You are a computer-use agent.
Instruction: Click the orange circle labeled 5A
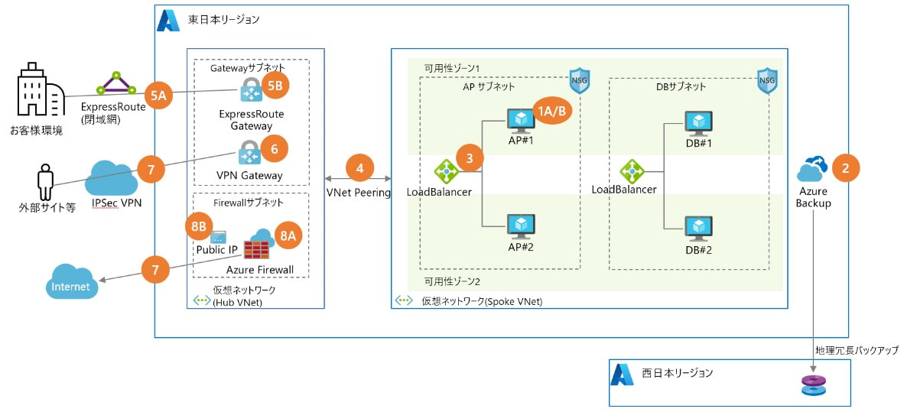click(159, 96)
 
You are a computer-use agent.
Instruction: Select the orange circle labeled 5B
click(275, 86)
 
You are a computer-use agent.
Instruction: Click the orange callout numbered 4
click(360, 167)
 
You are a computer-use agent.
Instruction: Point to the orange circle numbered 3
click(470, 158)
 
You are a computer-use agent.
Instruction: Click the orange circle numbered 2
click(845, 168)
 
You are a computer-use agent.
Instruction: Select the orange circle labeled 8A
click(287, 237)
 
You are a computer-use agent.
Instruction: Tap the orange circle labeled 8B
click(200, 226)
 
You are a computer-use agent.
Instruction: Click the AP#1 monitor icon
click(522, 122)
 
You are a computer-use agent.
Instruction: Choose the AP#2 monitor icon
click(522, 226)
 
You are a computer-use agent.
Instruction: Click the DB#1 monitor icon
click(698, 124)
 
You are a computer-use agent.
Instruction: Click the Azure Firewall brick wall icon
click(255, 250)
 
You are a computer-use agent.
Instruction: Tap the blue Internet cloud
click(71, 283)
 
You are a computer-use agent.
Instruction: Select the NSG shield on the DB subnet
click(766, 80)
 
